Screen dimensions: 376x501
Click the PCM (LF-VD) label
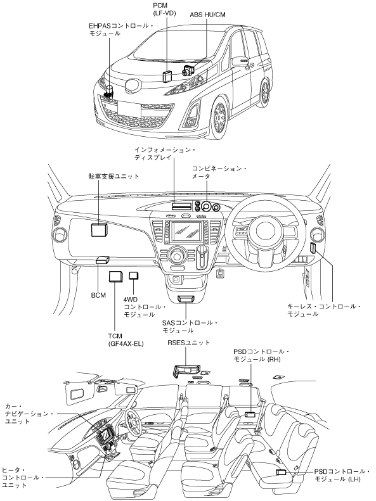164,10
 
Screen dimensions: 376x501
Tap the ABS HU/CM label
207,15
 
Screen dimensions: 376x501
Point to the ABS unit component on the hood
188,70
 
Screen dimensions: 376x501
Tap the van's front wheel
219,118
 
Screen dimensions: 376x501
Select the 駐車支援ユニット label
114,176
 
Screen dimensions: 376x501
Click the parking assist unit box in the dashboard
99,229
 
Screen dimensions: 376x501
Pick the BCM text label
98,295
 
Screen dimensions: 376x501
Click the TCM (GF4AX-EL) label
126,340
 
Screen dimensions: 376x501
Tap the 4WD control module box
133,276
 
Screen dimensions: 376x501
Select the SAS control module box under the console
186,299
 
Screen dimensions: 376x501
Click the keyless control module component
313,248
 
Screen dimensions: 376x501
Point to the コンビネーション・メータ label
219,172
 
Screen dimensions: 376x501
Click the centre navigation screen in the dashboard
186,231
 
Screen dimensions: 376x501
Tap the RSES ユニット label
189,343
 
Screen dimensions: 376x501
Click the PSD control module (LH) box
281,472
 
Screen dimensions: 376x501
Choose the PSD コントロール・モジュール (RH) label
261,355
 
